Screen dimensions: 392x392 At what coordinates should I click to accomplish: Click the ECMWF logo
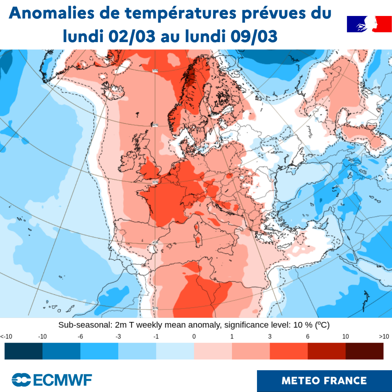52,380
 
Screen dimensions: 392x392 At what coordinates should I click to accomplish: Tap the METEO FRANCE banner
324,381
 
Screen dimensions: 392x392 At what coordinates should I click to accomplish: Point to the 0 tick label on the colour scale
194,336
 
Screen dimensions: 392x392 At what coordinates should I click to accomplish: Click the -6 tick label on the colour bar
80,336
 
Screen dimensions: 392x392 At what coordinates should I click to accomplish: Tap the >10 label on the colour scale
384,336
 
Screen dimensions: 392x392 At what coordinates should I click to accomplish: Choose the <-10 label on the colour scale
6,336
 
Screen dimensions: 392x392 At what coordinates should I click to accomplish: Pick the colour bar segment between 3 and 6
289,351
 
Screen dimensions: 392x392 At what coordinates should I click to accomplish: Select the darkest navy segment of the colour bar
24,351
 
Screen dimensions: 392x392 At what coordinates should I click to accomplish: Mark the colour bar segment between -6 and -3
99,351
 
